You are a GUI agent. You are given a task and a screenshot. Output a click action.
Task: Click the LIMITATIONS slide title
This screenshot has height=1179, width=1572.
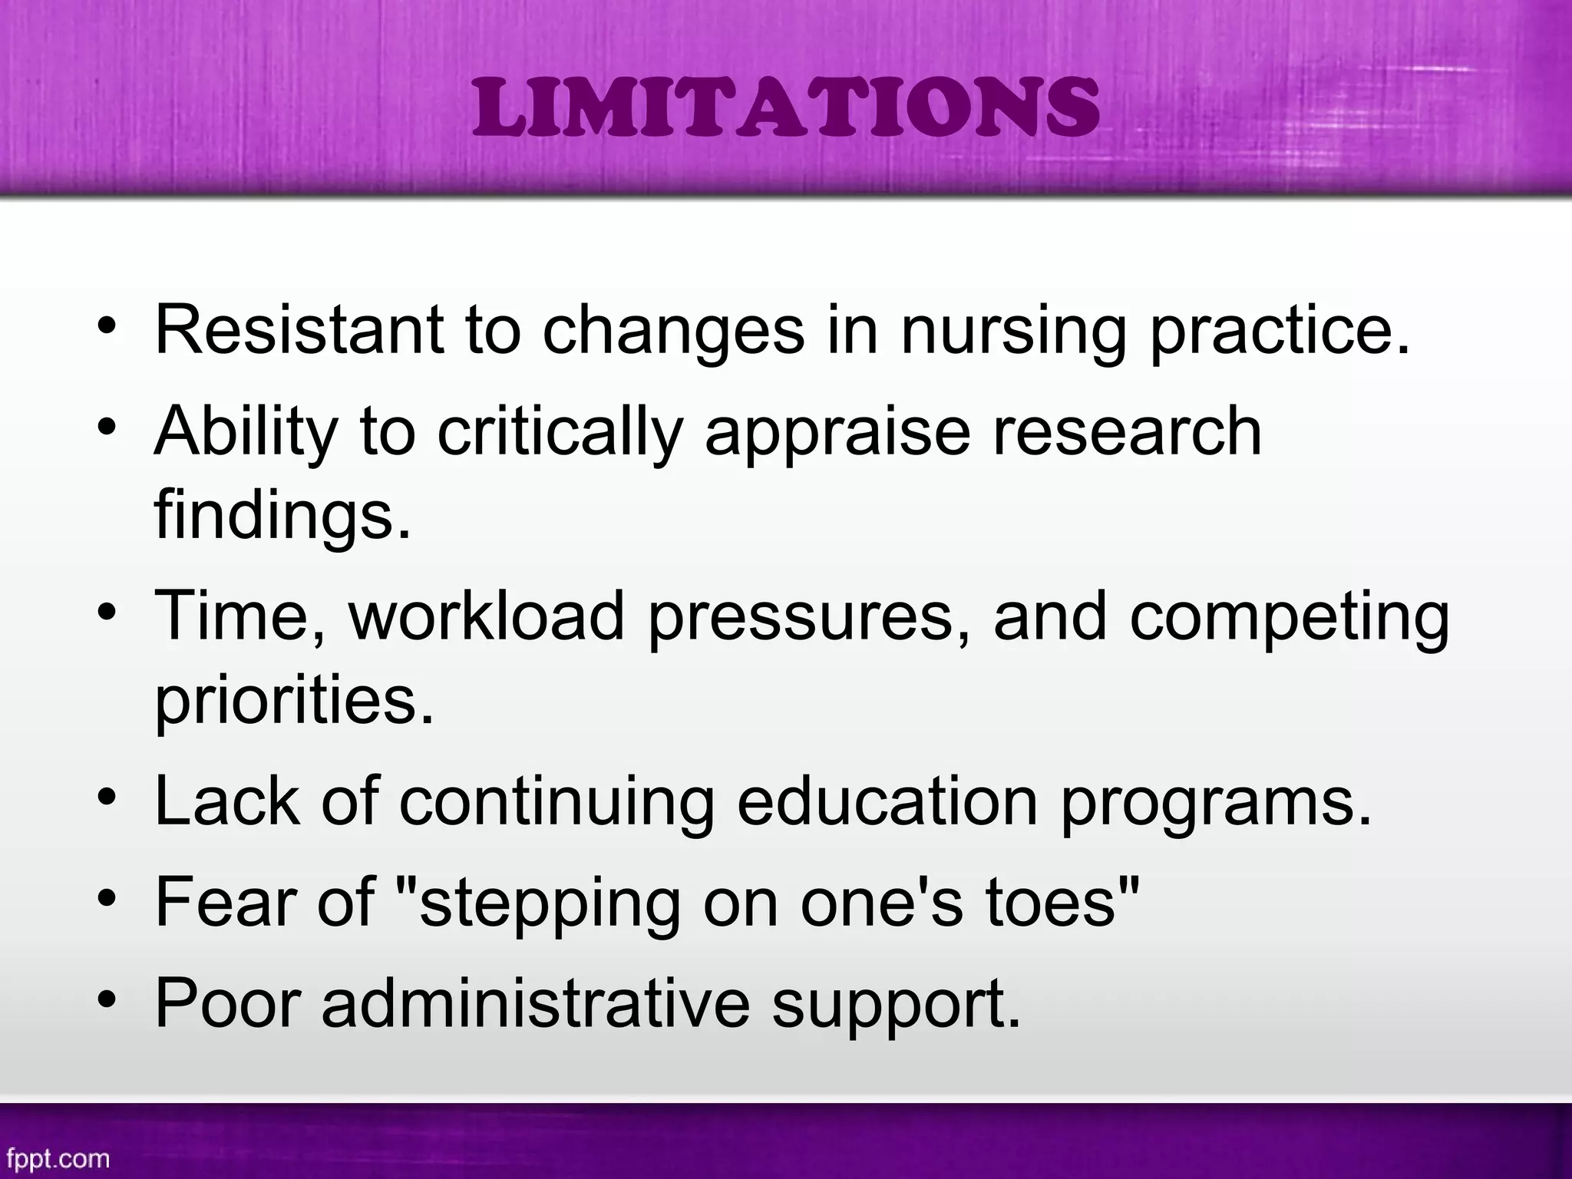point(785,109)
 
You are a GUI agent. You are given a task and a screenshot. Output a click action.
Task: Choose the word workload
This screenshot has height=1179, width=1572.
point(487,616)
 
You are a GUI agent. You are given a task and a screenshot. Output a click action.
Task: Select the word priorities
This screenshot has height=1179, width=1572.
point(294,701)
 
